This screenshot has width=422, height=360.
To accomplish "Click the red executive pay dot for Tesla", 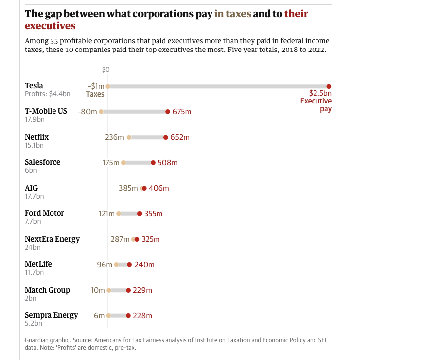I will pyautogui.click(x=329, y=86).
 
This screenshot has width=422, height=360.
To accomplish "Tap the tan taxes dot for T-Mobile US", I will pyautogui.click(x=101, y=112).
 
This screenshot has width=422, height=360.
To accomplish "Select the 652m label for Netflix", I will pyautogui.click(x=180, y=137).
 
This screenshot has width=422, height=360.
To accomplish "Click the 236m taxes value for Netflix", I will pyautogui.click(x=114, y=137).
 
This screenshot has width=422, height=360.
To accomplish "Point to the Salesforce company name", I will pyautogui.click(x=43, y=162).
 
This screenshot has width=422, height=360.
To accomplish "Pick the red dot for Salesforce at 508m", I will pyautogui.click(x=153, y=163).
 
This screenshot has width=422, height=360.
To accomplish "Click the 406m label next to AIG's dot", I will pyautogui.click(x=159, y=188).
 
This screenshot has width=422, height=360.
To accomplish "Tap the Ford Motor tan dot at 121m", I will pyautogui.click(x=119, y=214).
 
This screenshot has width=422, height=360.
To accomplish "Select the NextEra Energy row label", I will pyautogui.click(x=52, y=239).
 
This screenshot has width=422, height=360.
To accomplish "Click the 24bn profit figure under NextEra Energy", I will pyautogui.click(x=33, y=247).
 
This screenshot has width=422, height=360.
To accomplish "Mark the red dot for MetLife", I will pyautogui.click(x=129, y=265).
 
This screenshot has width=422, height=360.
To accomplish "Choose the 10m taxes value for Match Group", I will pyautogui.click(x=98, y=290).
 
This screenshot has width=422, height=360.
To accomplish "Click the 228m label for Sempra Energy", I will pyautogui.click(x=142, y=316).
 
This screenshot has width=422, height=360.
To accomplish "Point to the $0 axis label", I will pyautogui.click(x=105, y=70).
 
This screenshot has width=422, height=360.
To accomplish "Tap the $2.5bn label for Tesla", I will pyautogui.click(x=320, y=93).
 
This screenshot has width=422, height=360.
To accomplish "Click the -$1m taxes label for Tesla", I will pyautogui.click(x=96, y=86).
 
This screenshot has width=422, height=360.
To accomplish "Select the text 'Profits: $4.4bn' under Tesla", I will pyautogui.click(x=48, y=94).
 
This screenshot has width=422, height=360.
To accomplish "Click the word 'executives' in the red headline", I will pyautogui.click(x=50, y=26).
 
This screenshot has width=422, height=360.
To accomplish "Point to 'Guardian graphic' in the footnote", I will pyautogui.click(x=46, y=340).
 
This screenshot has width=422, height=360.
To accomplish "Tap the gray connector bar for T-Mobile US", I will pyautogui.click(x=134, y=112).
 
